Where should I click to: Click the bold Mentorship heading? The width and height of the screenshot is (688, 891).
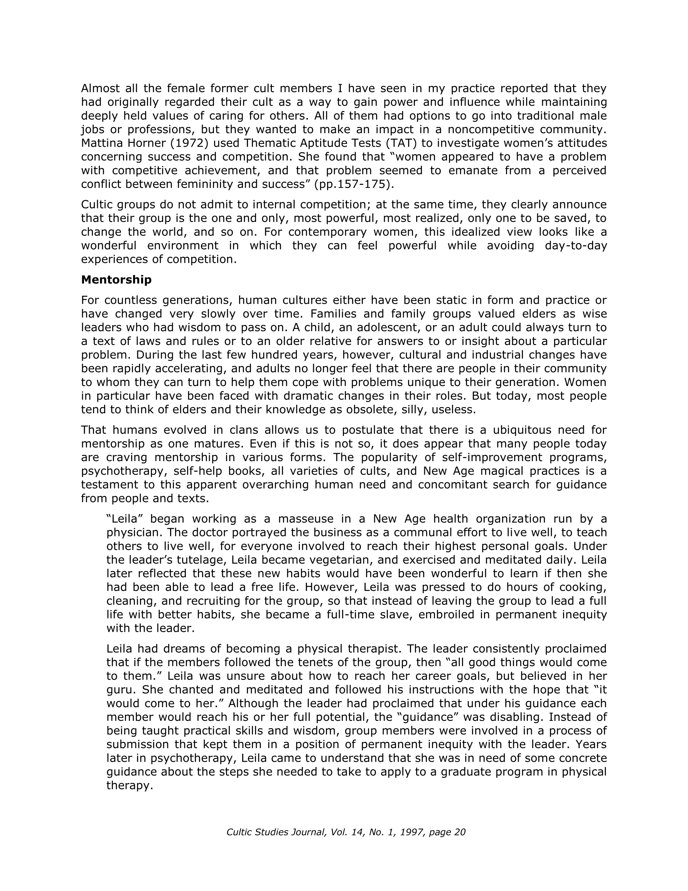(116, 280)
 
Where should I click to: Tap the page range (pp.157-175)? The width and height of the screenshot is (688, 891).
(354, 184)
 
